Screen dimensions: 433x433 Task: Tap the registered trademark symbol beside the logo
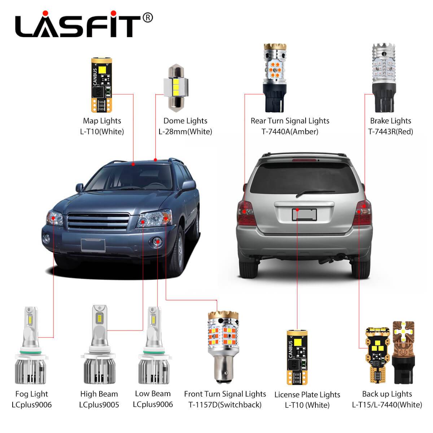click(148, 18)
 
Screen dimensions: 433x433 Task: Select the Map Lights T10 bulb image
click(101, 85)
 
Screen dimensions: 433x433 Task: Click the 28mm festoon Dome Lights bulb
click(176, 88)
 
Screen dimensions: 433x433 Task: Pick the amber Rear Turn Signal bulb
click(275, 78)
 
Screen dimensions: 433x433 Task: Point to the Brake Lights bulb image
click(384, 78)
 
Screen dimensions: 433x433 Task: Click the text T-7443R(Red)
click(390, 131)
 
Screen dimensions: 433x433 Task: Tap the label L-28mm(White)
click(185, 131)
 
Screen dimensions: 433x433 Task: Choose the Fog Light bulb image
click(31, 345)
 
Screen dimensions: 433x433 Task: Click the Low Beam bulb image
click(154, 345)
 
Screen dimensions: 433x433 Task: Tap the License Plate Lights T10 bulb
click(297, 357)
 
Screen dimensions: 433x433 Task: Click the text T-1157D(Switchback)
click(225, 405)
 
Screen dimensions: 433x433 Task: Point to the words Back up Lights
click(387, 394)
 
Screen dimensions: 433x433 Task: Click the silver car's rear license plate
click(304, 215)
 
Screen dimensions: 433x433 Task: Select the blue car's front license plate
click(93, 245)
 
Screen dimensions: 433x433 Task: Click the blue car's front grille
click(98, 222)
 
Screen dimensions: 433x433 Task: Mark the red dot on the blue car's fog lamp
click(158, 241)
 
